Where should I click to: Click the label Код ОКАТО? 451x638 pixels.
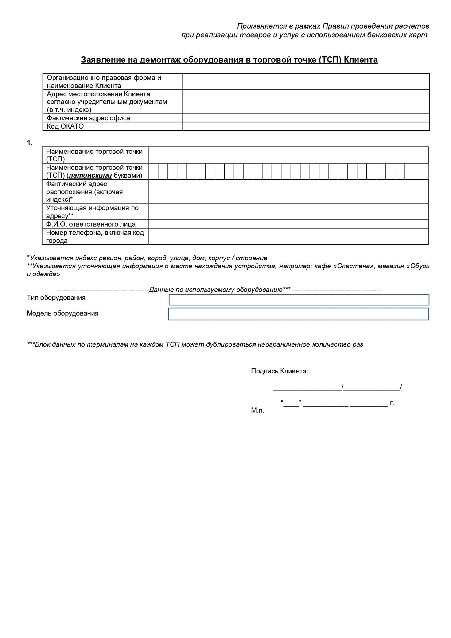pyautogui.click(x=65, y=126)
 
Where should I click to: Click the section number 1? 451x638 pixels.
pyautogui.click(x=29, y=143)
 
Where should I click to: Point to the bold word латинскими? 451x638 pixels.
pyautogui.click(x=90, y=176)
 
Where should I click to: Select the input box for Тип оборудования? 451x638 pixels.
pyautogui.click(x=299, y=300)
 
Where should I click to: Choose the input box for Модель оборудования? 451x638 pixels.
pyautogui.click(x=298, y=314)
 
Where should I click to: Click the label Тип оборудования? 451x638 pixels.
pyautogui.click(x=56, y=298)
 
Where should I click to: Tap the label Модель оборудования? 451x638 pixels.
pyautogui.click(x=62, y=313)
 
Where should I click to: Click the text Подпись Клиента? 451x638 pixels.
pyautogui.click(x=279, y=371)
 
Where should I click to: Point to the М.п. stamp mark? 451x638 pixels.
pyautogui.click(x=257, y=411)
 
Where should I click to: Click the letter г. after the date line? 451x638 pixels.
pyautogui.click(x=392, y=403)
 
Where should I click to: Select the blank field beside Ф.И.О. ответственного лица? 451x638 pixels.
pyautogui.click(x=288, y=224)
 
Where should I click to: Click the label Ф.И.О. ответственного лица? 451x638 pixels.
pyautogui.click(x=91, y=224)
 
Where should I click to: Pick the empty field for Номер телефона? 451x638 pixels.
pyautogui.click(x=288, y=236)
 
